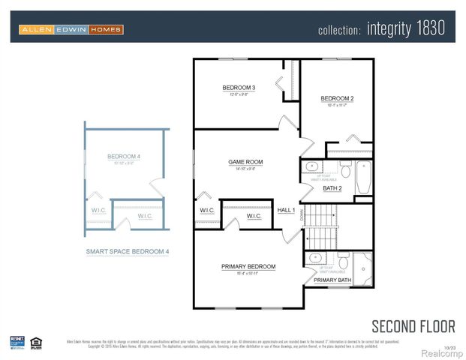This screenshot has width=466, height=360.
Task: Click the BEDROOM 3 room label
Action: pos(239,88)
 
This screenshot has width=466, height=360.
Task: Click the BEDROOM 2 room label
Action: pos(337,99)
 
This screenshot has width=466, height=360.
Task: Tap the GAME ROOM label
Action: pos(245,162)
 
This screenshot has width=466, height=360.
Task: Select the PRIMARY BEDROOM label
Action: pos(248,266)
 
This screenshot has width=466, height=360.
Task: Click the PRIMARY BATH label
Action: pos(331,280)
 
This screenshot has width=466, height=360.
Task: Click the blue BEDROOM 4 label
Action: pos(124,157)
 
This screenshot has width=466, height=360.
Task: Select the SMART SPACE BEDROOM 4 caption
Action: pos(127,252)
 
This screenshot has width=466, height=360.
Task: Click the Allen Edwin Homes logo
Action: pos(71,29)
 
